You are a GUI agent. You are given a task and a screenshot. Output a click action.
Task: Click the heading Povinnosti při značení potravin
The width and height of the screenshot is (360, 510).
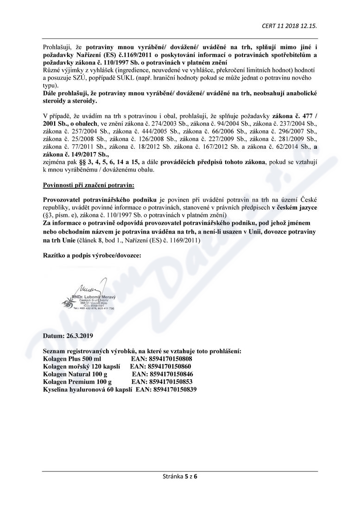coord(88,185)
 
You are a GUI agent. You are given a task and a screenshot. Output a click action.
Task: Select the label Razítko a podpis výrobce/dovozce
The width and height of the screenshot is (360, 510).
coord(91,255)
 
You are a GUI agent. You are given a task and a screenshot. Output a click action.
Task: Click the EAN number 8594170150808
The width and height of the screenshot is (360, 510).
coord(162,359)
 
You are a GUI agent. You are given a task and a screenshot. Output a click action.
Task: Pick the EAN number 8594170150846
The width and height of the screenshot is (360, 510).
coord(163,374)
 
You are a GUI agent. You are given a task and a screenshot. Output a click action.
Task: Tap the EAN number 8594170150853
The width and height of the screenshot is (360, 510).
coord(162,382)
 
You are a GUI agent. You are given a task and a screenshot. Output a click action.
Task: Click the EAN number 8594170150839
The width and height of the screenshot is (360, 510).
coord(166,389)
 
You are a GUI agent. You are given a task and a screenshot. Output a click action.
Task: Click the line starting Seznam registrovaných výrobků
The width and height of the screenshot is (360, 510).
coord(142,351)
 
